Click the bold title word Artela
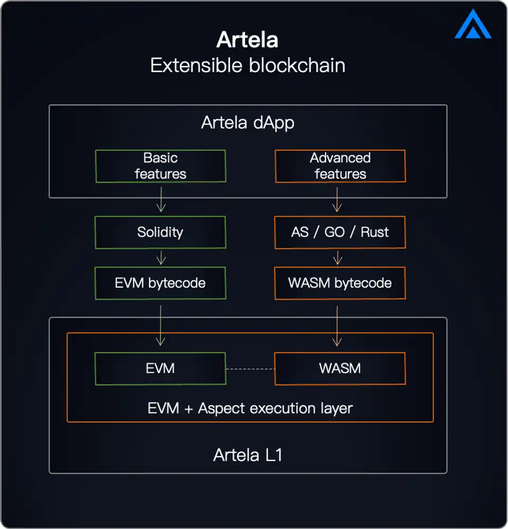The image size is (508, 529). click(247, 40)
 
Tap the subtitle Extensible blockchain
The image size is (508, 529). click(248, 66)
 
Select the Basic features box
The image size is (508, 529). click(160, 166)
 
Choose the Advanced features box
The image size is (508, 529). click(340, 166)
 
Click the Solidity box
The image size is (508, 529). click(160, 232)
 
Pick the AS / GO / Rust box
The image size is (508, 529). click(340, 232)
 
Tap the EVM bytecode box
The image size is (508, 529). click(160, 283)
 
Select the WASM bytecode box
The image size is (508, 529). click(340, 283)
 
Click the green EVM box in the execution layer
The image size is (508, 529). click(160, 369)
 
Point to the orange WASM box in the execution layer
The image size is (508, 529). click(340, 369)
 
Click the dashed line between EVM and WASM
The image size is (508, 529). click(250, 369)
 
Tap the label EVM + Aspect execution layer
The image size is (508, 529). click(250, 408)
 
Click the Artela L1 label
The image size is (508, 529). click(248, 455)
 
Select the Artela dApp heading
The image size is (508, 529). click(248, 123)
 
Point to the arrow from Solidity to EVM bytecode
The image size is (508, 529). click(161, 258)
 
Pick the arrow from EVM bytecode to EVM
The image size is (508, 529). click(161, 323)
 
